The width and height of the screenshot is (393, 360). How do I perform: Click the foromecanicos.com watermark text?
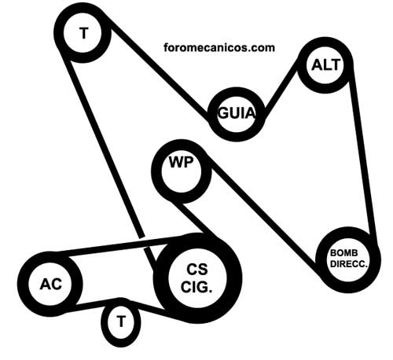[x=219, y=48]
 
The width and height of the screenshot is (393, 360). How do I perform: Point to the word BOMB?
[x=343, y=253]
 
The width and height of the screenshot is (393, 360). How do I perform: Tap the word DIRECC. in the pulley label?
[x=349, y=264]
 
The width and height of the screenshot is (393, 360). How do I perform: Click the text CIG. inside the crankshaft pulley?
[x=196, y=287]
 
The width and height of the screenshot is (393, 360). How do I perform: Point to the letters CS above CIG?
[x=197, y=270]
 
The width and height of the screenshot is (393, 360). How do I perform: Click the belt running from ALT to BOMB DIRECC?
[x=364, y=155]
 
